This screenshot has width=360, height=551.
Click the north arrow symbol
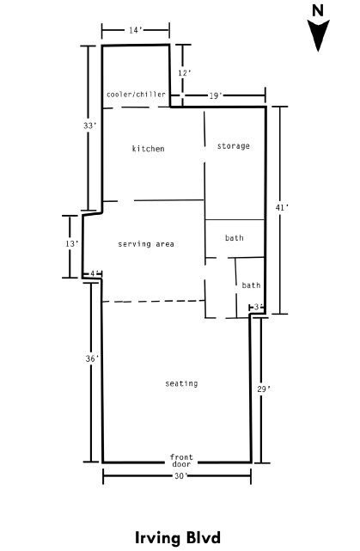click(x=318, y=34)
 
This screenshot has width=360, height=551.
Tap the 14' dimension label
click(x=135, y=30)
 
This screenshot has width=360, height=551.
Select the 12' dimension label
click(x=185, y=73)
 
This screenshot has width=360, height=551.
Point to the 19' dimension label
click(x=216, y=95)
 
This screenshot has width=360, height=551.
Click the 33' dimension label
click(x=89, y=126)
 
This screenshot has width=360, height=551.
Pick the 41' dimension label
click(x=282, y=208)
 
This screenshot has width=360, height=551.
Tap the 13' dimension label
click(x=71, y=243)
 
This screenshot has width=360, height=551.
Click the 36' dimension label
click(x=92, y=358)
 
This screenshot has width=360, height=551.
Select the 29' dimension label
click(x=264, y=389)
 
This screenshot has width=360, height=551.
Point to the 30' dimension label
click(x=181, y=476)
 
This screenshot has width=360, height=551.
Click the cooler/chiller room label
click(x=136, y=95)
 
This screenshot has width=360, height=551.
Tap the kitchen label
click(x=149, y=149)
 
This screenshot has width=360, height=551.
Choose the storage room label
click(x=233, y=146)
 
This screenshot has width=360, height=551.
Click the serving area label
click(x=146, y=244)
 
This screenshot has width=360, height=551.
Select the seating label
click(x=181, y=383)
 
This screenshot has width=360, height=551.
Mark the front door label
click(x=181, y=461)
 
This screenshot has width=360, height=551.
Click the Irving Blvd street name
click(x=178, y=537)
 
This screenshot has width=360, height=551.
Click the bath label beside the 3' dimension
click(x=251, y=285)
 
